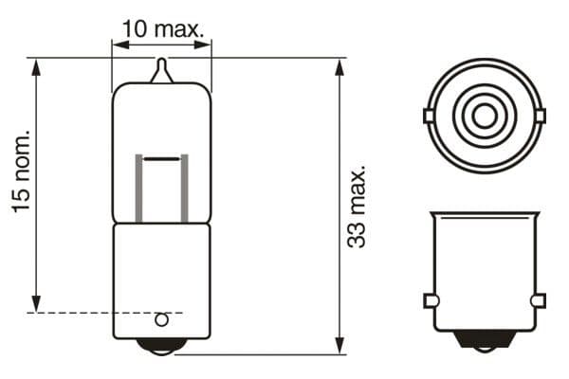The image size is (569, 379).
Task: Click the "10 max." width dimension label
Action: tap(163, 29)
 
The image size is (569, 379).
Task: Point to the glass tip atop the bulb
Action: tap(162, 70)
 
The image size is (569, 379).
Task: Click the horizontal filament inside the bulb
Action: tap(162, 156)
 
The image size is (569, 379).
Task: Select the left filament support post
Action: tap(140, 188)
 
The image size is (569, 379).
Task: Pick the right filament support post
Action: tap(184, 188)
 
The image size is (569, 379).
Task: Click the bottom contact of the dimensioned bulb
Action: tap(162, 346)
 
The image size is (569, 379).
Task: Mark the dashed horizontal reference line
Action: tap(95, 312)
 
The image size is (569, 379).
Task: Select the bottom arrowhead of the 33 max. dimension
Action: tap(340, 347)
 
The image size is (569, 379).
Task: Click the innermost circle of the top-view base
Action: tap(485, 117)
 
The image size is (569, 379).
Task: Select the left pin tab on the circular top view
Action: tap(430, 117)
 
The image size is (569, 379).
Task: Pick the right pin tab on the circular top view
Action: tap(541, 117)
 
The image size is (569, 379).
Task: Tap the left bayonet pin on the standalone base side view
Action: tap(430, 301)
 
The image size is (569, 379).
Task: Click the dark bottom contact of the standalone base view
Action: tap(485, 339)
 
